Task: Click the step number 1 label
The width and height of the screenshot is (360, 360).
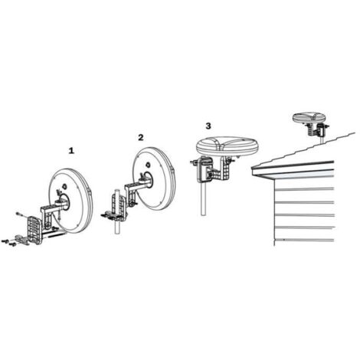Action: coord(71,151)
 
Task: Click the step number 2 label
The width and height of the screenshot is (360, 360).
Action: coord(140,137)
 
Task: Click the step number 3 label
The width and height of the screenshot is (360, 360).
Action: coord(208,125)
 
